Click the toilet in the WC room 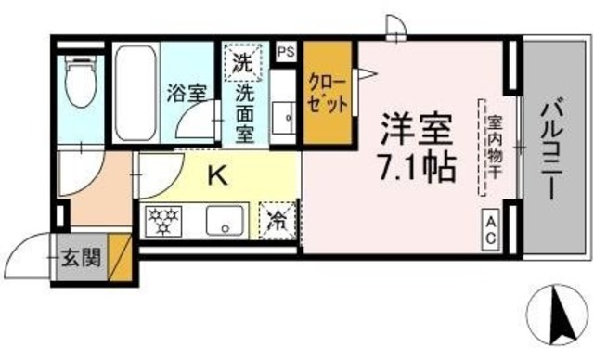point(81,89)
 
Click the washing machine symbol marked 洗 point(242,65)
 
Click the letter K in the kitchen point(214,174)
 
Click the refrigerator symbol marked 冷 point(277,222)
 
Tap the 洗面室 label point(246,113)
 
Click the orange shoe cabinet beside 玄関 point(120,257)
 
